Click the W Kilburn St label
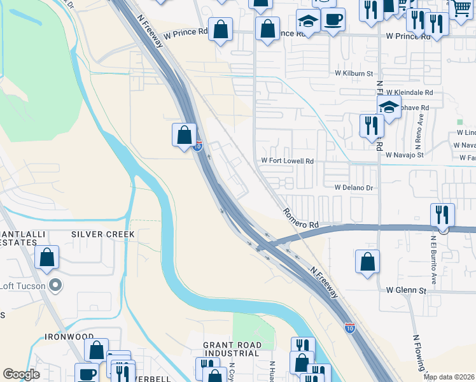pos(354,74)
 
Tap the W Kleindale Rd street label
pos(409,92)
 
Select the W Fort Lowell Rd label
pos(288,162)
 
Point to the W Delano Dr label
pos(353,188)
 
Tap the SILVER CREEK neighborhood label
pos(103,234)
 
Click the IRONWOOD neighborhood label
pos(69,336)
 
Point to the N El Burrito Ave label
pos(434,259)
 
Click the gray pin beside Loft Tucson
pos(55,285)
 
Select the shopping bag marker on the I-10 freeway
pos(184,135)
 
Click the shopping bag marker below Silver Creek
pos(47,258)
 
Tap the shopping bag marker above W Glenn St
pos(367,262)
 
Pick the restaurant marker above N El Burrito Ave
pos(442,214)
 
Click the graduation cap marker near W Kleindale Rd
pos(389,106)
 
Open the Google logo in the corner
pos(22,374)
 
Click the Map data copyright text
pos(449,377)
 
